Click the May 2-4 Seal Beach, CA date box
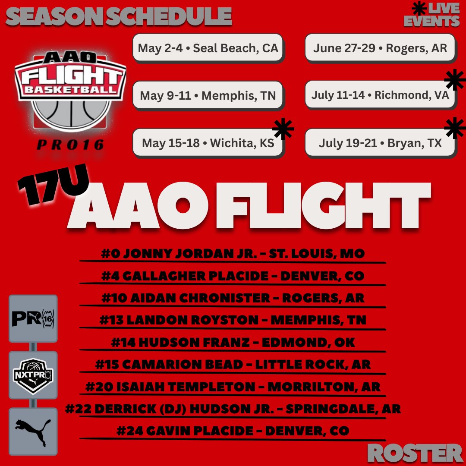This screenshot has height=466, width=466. (208, 48)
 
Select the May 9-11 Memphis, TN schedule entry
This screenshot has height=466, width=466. (208, 95)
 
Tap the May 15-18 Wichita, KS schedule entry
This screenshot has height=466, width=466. (208, 143)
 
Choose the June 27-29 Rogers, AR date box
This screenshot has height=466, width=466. (380, 48)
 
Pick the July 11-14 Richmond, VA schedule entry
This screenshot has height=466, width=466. (380, 95)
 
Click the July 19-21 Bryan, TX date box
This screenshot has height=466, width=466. (380, 143)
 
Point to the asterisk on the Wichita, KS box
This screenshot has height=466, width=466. (283, 129)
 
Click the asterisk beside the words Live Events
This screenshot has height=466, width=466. (419, 8)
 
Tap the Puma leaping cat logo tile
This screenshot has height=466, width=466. (33, 431)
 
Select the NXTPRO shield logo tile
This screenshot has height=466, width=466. (33, 375)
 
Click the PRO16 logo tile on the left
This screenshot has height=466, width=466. (33, 318)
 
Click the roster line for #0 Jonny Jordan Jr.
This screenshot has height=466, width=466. (233, 254)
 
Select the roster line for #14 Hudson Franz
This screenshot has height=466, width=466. (233, 342)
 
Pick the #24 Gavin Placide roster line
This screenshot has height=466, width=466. (233, 431)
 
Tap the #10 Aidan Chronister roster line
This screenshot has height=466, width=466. (233, 298)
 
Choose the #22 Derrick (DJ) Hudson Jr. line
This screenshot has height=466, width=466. (233, 409)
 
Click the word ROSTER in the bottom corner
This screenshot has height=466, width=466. (415, 453)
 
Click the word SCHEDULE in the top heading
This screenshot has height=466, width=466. (169, 16)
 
